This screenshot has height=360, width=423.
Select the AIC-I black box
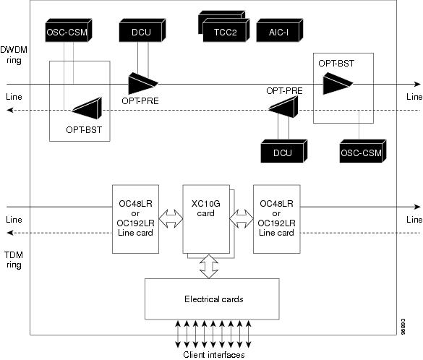[x=280, y=30]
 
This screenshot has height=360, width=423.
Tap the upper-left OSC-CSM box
[x=69, y=30]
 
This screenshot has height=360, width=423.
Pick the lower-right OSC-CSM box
[x=363, y=151]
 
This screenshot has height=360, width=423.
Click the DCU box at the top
[x=142, y=30]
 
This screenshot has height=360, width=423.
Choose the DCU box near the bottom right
[x=283, y=151]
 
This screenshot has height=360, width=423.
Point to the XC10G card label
[x=206, y=208]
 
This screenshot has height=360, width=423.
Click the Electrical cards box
[x=212, y=299]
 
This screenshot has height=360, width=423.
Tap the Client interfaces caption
[x=214, y=355]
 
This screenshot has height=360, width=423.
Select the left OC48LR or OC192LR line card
[x=135, y=219]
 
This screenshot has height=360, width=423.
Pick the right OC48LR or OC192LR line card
[x=277, y=219]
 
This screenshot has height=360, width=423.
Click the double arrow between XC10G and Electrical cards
[x=209, y=267]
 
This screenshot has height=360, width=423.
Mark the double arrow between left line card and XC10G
[x=171, y=219]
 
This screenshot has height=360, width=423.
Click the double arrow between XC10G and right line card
[x=242, y=219]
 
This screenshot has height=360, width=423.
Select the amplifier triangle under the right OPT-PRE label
[x=283, y=107]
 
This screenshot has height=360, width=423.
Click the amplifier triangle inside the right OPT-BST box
[x=338, y=84]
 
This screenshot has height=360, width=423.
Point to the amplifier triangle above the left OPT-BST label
[x=87, y=108]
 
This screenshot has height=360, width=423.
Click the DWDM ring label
[x=14, y=55]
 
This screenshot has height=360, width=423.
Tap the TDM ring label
[x=14, y=260]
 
